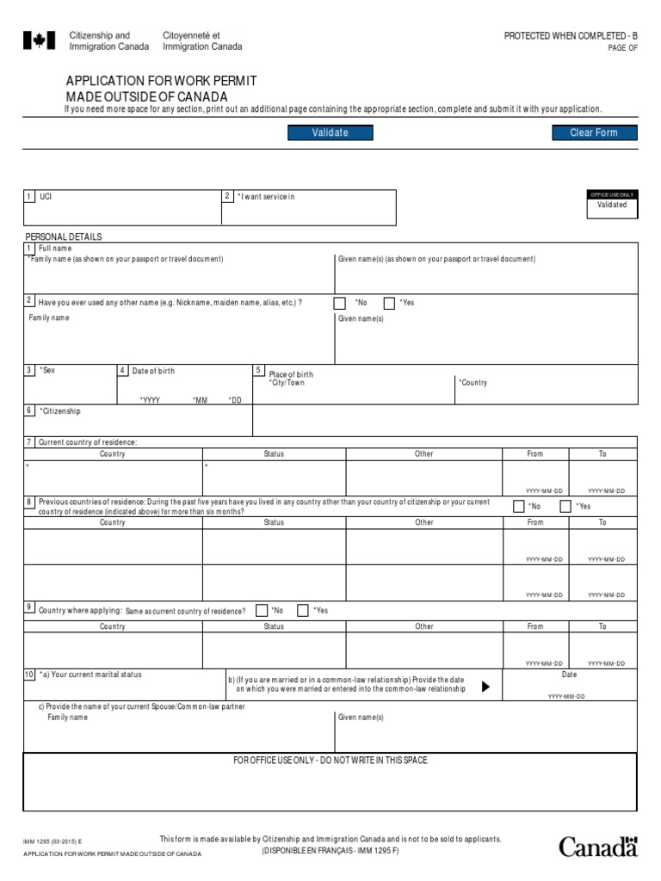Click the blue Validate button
pyautogui.click(x=330, y=132)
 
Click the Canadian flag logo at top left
pyautogui.click(x=33, y=40)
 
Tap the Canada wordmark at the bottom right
pyautogui.click(x=598, y=847)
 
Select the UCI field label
pyautogui.click(x=46, y=197)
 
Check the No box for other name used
pyautogui.click(x=339, y=303)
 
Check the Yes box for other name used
pyautogui.click(x=389, y=303)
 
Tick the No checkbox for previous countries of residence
pyautogui.click(x=519, y=507)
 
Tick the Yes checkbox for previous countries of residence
pyautogui.click(x=565, y=507)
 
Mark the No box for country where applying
pyautogui.click(x=262, y=611)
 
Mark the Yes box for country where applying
pyautogui.click(x=303, y=611)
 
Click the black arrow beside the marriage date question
pyautogui.click(x=485, y=687)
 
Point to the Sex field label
pyautogui.click(x=47, y=370)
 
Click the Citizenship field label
pyautogui.click(x=59, y=411)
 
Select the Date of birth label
pyautogui.click(x=152, y=371)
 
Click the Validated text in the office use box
pyautogui.click(x=612, y=205)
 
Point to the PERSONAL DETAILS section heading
pyautogui.click(x=63, y=237)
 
